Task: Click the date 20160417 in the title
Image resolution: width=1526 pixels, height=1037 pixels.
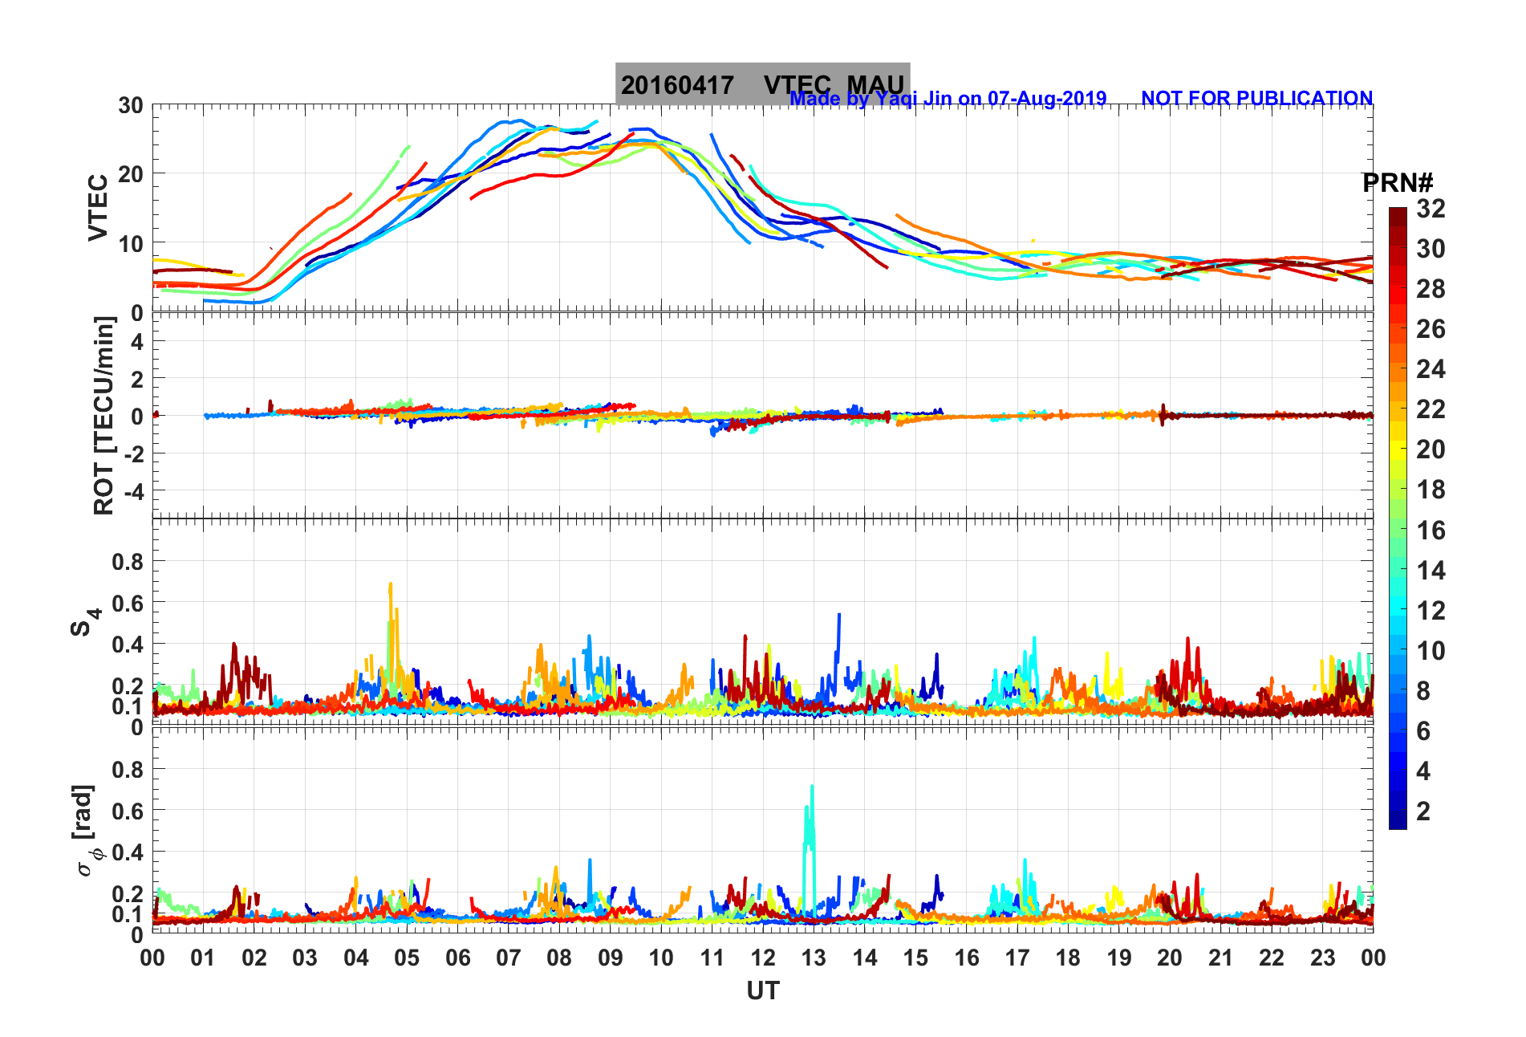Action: (677, 85)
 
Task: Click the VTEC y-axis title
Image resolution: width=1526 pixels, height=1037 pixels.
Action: (98, 207)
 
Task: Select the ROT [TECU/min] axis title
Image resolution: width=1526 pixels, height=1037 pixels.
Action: (103, 415)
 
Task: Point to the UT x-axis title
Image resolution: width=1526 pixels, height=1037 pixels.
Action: (762, 991)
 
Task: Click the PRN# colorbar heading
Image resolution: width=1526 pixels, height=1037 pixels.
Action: (1398, 183)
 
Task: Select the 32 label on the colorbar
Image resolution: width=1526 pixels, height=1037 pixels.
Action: (1431, 209)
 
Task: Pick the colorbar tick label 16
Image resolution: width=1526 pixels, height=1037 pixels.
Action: (1431, 530)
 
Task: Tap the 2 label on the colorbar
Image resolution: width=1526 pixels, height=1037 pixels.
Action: (1423, 811)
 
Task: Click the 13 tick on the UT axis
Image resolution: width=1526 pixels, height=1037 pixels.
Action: (814, 958)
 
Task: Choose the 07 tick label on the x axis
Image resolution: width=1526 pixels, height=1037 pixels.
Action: (508, 958)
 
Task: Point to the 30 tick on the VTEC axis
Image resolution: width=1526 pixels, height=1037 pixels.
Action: (131, 105)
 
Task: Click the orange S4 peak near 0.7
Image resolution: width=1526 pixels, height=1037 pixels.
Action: (391, 587)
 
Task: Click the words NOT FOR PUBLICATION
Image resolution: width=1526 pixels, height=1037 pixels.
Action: (1256, 99)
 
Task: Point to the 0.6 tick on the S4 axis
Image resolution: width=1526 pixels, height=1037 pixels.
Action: (128, 603)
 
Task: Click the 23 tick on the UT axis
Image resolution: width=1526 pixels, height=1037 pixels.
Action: (1322, 958)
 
